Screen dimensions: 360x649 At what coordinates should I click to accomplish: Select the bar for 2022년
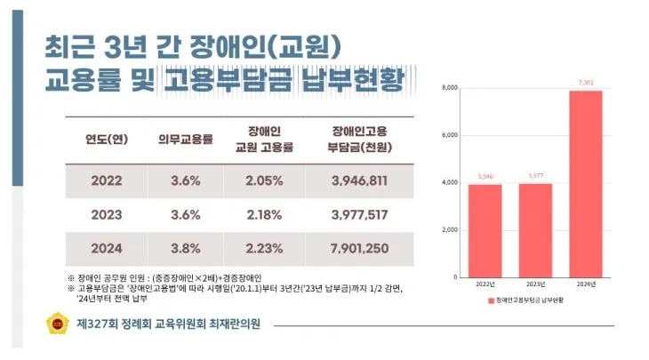pos(485,230)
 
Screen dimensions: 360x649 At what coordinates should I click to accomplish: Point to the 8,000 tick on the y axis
pos(449,88)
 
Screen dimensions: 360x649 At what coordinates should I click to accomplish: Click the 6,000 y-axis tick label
pos(449,135)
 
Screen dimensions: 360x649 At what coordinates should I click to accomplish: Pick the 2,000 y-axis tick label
pos(449,229)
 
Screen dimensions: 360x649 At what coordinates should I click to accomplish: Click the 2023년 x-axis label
pos(535,285)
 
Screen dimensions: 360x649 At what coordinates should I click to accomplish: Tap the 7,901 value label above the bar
pos(586,83)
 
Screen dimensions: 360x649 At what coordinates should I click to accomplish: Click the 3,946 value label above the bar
pos(485,177)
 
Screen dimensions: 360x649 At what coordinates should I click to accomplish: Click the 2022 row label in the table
pos(107,180)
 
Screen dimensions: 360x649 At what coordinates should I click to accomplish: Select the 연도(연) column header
pos(107,139)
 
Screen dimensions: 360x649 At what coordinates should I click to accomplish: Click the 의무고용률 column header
pos(186,139)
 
